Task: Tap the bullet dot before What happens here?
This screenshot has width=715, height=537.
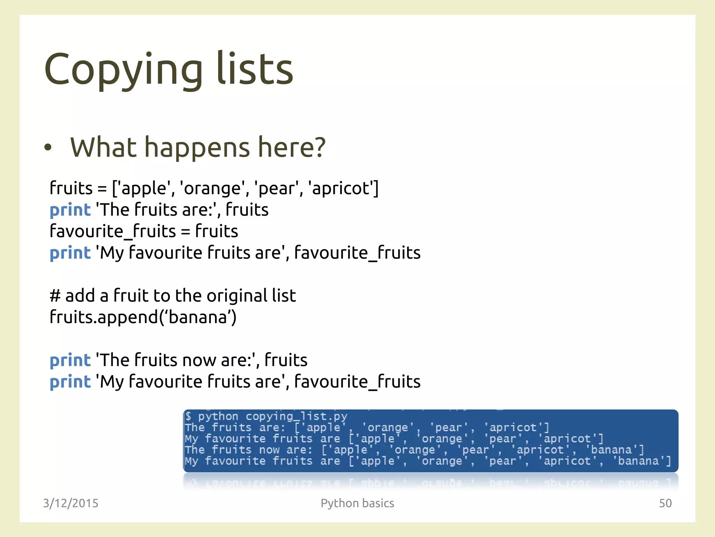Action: click(x=48, y=148)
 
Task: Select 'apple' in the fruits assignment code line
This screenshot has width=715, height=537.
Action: click(x=144, y=188)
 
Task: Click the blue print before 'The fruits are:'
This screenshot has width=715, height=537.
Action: click(x=70, y=210)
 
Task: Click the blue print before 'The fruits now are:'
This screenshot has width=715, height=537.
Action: click(x=70, y=360)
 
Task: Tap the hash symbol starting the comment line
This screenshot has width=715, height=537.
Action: click(x=55, y=296)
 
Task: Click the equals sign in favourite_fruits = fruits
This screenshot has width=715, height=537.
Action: click(x=185, y=232)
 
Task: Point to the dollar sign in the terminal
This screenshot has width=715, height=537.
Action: click(x=189, y=416)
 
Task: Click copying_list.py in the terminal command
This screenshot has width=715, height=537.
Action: click(x=296, y=416)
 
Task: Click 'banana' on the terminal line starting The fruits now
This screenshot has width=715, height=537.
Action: click(x=611, y=450)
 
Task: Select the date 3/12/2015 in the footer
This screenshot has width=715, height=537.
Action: click(x=71, y=503)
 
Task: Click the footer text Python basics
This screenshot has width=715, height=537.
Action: click(x=357, y=503)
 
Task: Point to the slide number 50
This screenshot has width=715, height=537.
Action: click(x=665, y=503)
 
